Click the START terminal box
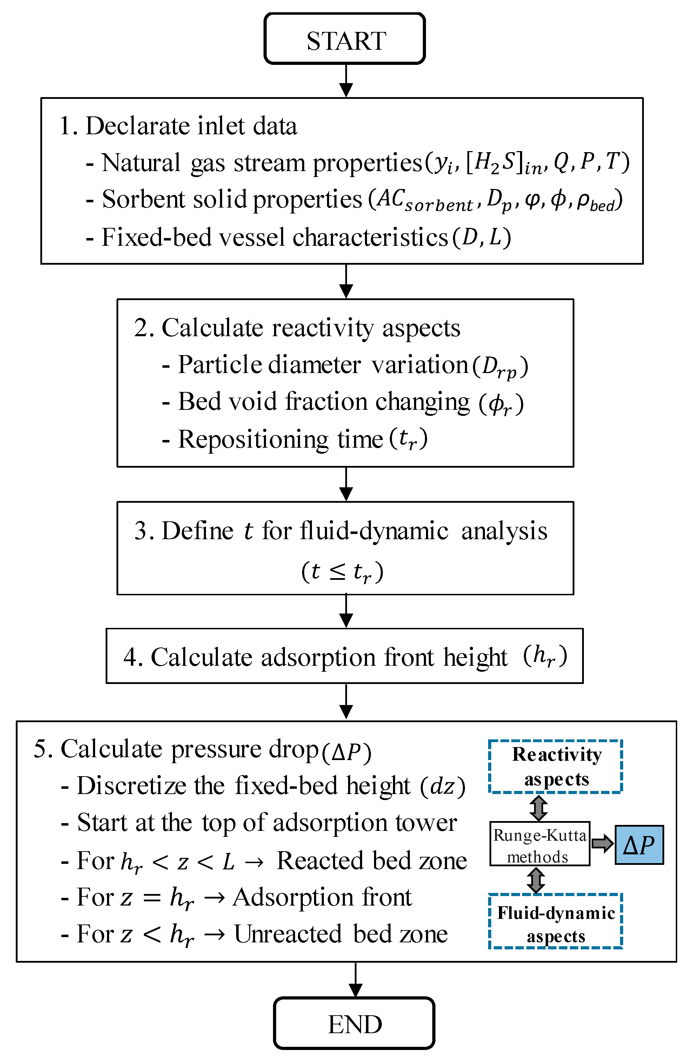click(345, 39)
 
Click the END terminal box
click(354, 1024)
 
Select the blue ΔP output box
click(639, 845)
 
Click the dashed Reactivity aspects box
click(556, 767)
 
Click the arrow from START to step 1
click(346, 81)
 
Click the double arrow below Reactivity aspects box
click(539, 808)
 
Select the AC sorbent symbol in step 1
click(425, 200)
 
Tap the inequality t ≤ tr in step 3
click(342, 572)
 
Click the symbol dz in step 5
click(442, 786)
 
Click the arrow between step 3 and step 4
click(346, 611)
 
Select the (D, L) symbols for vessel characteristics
click(482, 237)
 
